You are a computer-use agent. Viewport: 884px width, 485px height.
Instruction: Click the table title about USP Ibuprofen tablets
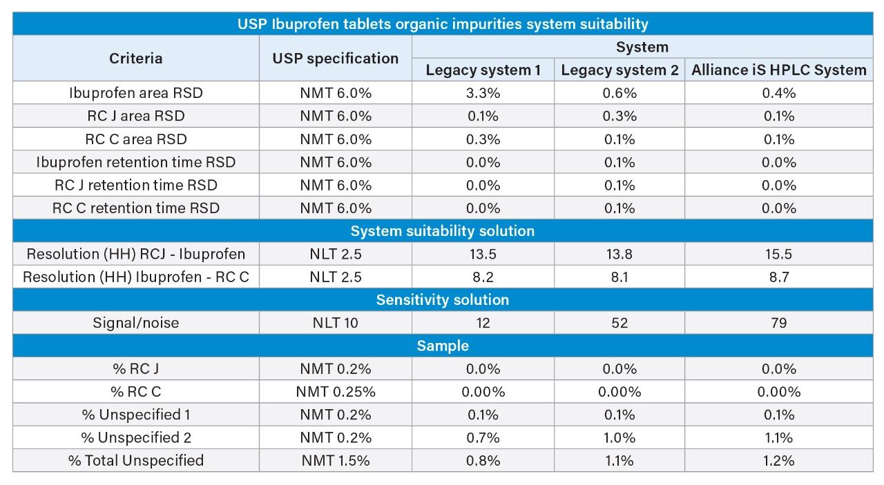click(443, 24)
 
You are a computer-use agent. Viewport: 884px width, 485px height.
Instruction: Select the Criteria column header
click(136, 59)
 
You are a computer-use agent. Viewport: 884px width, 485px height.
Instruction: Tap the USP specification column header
click(336, 59)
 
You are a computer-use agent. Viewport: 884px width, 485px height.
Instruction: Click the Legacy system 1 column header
click(483, 70)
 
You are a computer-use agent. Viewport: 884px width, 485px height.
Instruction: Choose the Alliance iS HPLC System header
click(778, 70)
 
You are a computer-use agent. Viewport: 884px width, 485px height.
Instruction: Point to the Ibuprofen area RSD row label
click(136, 93)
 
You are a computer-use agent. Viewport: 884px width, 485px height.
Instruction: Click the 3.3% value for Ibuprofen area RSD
click(483, 93)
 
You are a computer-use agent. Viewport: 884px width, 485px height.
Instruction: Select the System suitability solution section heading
click(443, 231)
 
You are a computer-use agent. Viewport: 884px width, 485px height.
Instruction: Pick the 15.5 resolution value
click(778, 254)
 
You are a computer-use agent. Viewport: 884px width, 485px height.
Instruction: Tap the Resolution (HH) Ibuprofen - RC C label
click(136, 277)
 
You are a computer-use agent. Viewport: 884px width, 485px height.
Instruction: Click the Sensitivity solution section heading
click(443, 300)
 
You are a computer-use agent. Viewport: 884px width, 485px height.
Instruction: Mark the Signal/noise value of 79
click(778, 323)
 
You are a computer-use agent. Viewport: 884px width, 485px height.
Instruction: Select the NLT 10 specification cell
click(336, 323)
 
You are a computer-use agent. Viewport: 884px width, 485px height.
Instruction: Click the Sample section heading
click(443, 346)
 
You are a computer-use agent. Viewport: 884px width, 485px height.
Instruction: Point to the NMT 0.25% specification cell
click(336, 392)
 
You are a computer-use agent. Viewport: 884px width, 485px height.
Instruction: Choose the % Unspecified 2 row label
click(136, 437)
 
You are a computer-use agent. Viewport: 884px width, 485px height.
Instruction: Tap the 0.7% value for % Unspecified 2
click(483, 437)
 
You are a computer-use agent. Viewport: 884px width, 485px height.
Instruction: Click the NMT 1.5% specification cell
click(336, 460)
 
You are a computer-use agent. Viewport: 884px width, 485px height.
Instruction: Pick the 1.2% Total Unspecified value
click(778, 460)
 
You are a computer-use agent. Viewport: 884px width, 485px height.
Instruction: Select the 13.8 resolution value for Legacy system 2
click(619, 254)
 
